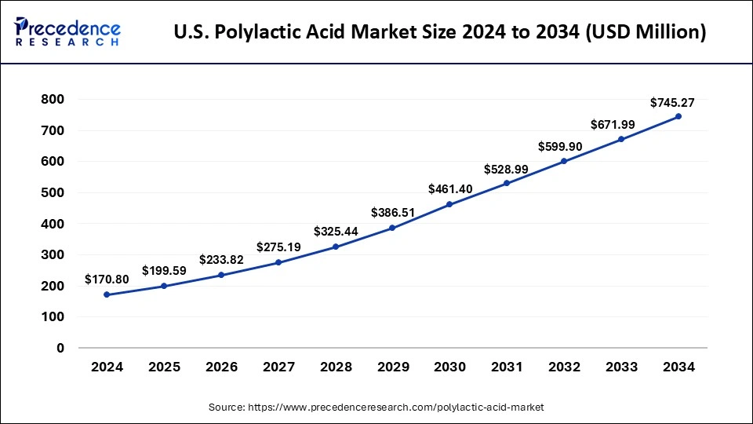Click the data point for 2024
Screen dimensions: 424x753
(x=107, y=294)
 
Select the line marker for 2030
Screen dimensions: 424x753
(x=449, y=204)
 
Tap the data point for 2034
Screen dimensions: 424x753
(x=678, y=116)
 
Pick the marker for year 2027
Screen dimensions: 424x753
(x=278, y=262)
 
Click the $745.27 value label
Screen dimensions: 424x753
(x=672, y=102)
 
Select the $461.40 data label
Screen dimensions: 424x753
(x=449, y=189)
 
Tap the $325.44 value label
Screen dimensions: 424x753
(x=335, y=232)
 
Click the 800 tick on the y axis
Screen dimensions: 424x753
(x=53, y=100)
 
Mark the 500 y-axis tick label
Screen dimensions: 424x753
(x=53, y=192)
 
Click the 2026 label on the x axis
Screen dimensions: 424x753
(x=220, y=367)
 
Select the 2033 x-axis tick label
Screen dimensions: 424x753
(x=620, y=367)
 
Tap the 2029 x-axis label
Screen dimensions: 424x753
(x=392, y=367)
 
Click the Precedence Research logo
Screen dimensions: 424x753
(x=67, y=32)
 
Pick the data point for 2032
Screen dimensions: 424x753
(x=563, y=161)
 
